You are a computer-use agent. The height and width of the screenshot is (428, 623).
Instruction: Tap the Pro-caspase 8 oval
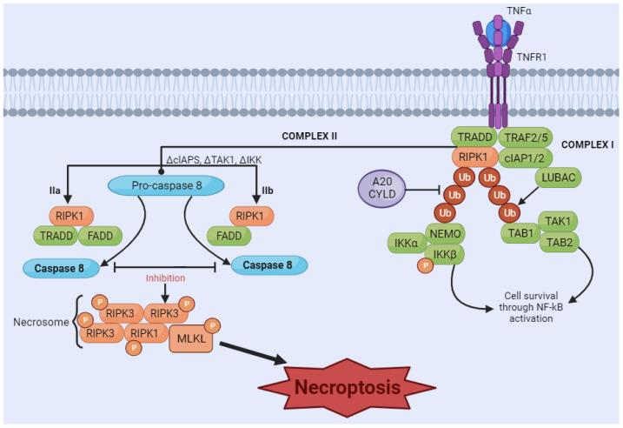pos(166,185)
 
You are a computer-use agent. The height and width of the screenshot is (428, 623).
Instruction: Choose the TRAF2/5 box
pos(527,137)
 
